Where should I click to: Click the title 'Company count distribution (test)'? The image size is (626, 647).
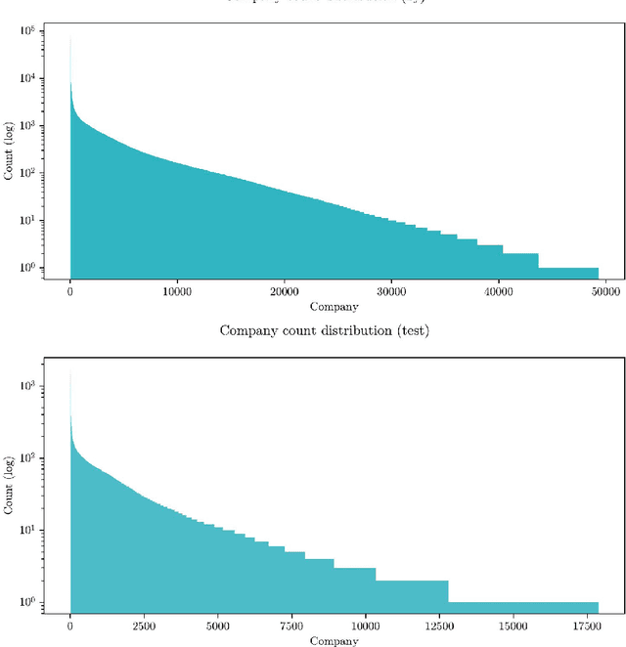(324, 330)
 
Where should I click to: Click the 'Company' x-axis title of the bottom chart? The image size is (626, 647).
(335, 641)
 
